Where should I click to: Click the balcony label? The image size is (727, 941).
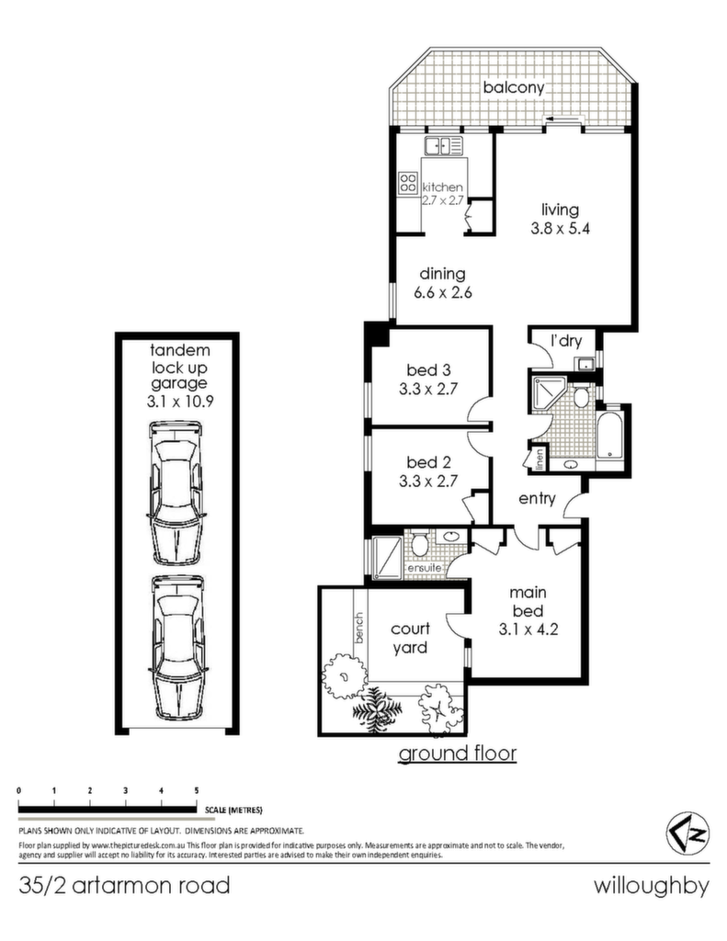coord(513,87)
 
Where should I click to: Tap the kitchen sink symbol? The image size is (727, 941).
coord(444,146)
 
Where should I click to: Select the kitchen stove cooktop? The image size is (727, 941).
coord(408,183)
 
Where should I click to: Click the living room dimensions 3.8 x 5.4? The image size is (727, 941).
coord(560,229)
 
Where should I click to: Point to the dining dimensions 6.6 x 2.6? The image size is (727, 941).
coord(442,293)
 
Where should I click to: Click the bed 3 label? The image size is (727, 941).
coord(428,370)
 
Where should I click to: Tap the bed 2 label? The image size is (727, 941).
coord(428,463)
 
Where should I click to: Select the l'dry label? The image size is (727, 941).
coord(566,341)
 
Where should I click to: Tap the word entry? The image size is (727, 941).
coord(537,499)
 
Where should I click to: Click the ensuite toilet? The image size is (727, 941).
coord(420,542)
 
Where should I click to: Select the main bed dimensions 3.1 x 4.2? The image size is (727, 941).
coord(528,629)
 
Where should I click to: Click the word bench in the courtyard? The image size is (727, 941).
coord(359,628)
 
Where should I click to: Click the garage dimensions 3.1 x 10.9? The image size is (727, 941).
coord(180,402)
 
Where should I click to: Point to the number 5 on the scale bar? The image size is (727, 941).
coord(197,790)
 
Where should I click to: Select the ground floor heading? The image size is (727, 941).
coord(458,753)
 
